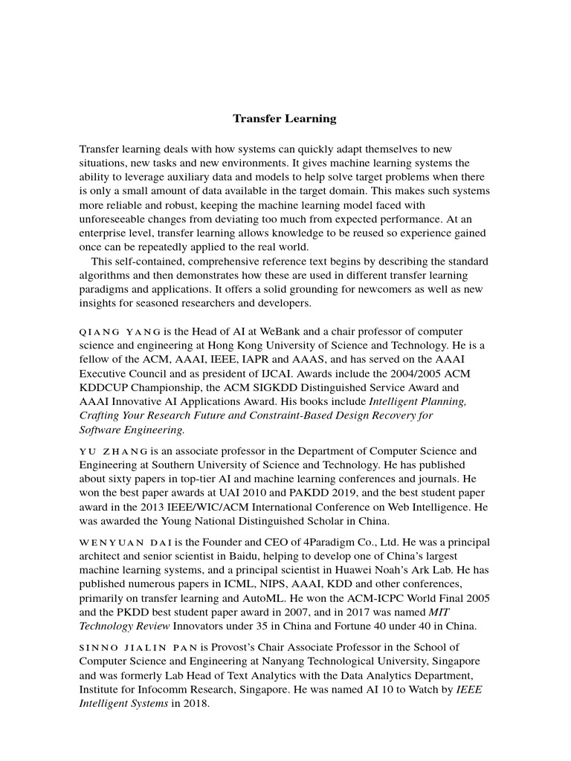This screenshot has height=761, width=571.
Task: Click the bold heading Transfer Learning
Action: click(x=285, y=119)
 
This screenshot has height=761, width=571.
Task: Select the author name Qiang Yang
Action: click(x=120, y=331)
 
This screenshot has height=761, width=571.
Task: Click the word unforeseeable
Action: click(x=117, y=219)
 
